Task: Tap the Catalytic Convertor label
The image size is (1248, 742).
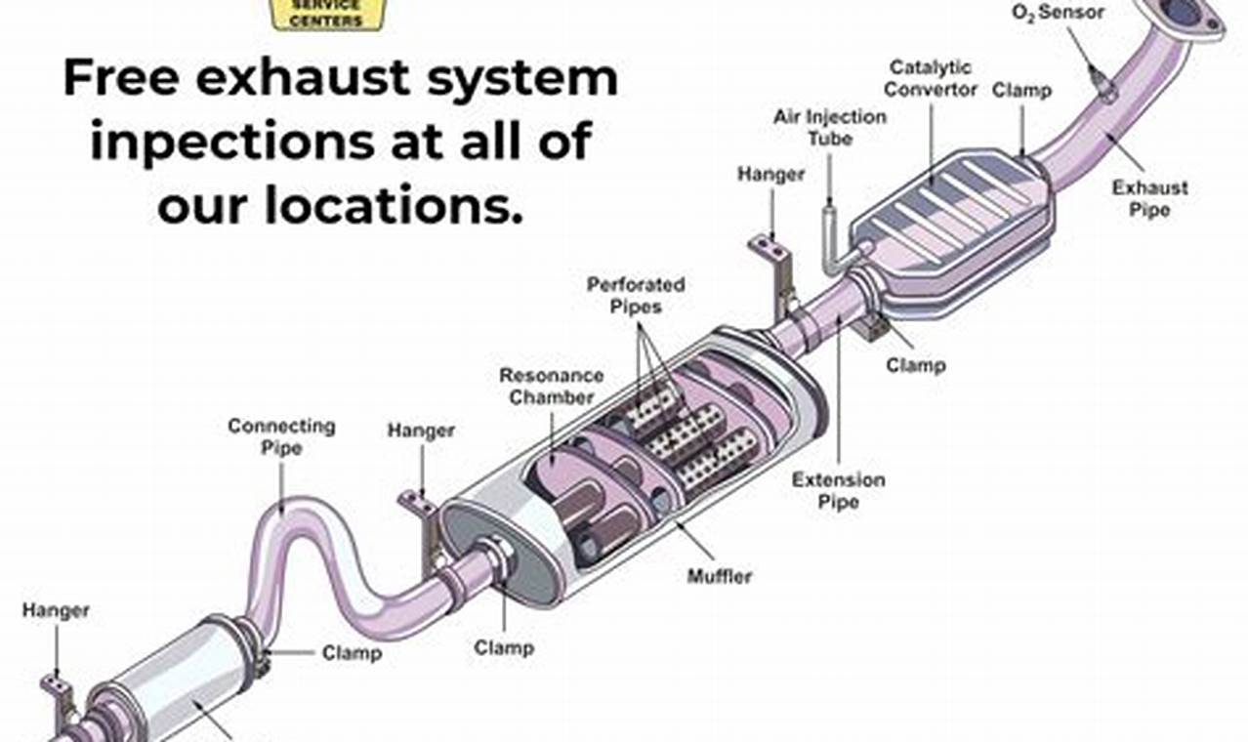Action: point(932,78)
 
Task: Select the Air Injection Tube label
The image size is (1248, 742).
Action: point(830,127)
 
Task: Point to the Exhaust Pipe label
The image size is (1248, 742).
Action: point(1150,198)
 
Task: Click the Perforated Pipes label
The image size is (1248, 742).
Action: point(636,295)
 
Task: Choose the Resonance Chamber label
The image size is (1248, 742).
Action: point(551,386)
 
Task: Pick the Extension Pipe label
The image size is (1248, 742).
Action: point(838,490)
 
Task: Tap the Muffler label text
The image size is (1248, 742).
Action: point(720,576)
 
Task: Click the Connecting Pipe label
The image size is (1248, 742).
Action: point(281,436)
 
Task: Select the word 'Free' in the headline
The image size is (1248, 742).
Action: point(122,78)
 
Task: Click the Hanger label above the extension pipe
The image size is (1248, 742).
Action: point(770,175)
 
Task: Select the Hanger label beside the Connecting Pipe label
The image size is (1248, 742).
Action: point(421,431)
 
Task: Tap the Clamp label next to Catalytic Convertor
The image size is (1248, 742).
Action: point(1021,91)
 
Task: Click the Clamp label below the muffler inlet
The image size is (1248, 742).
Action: point(503,646)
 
